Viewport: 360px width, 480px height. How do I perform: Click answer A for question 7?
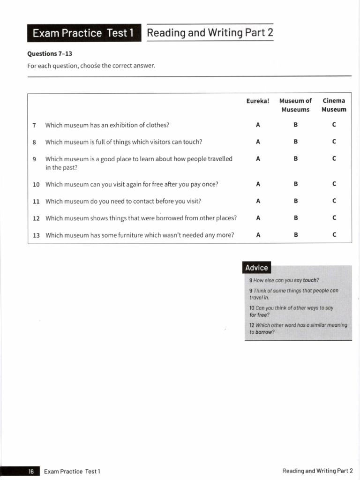pos(258,125)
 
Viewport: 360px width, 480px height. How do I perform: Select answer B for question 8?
pos(296,142)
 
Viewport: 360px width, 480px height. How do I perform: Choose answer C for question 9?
pos(334,159)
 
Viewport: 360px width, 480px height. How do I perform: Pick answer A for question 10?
pos(258,184)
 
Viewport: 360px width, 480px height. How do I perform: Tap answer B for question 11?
pos(296,201)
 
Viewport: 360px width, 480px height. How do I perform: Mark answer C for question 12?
pos(334,218)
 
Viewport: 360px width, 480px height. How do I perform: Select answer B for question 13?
pos(296,235)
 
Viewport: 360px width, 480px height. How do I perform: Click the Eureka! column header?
pos(258,101)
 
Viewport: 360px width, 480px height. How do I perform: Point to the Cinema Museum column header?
pos(334,105)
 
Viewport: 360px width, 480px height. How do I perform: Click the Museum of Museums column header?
pos(295,105)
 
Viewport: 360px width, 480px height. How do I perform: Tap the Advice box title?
pos(256,268)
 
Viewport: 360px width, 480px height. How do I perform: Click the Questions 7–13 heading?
pos(50,53)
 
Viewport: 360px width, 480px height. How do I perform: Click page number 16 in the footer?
pos(31,472)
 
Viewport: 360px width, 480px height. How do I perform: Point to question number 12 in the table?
pos(36,218)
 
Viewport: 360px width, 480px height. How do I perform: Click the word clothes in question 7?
pos(157,125)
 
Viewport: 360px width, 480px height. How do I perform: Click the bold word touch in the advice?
pos(310,280)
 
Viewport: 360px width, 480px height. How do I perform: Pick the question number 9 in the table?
pos(35,159)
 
